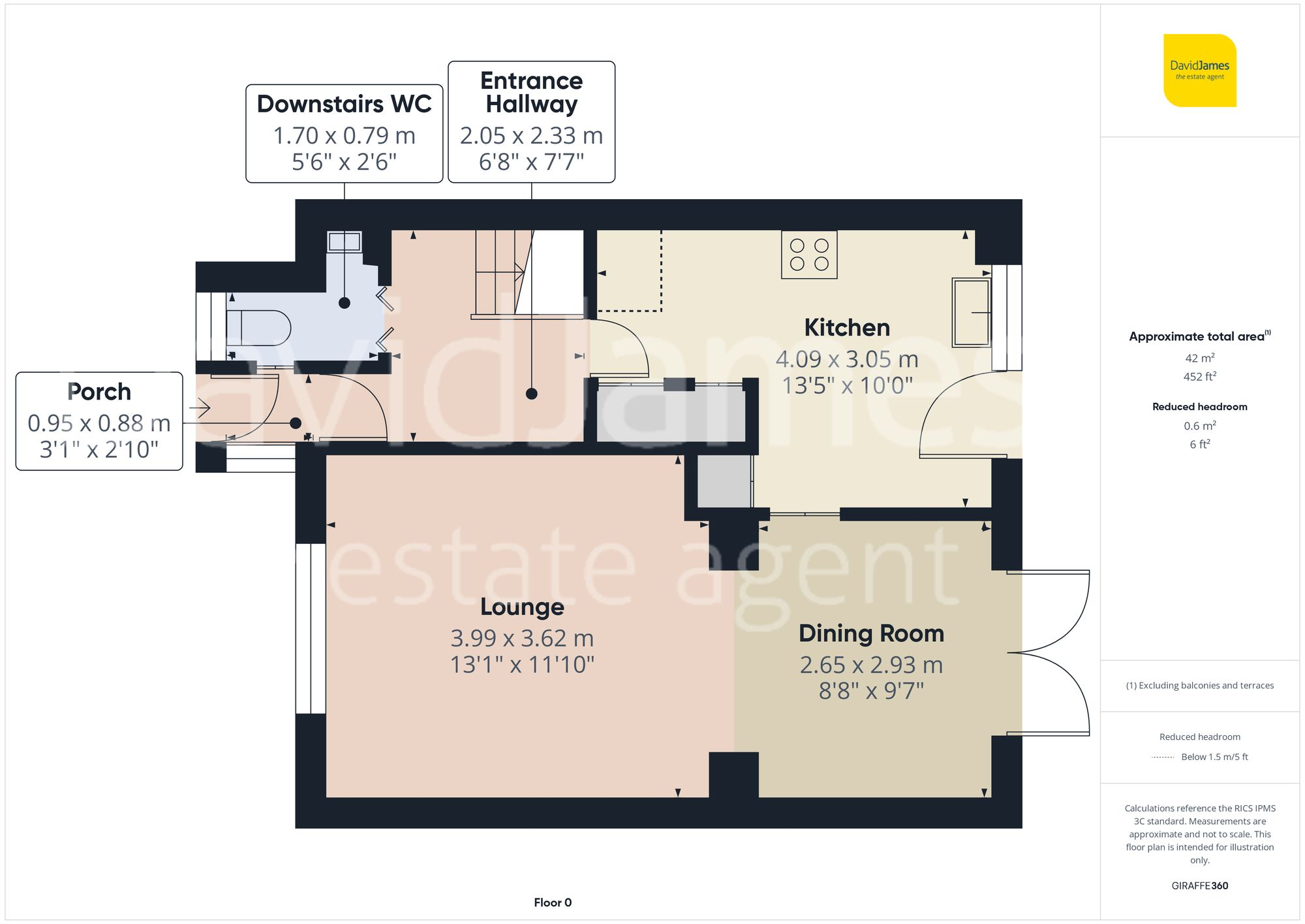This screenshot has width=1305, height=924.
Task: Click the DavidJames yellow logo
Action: pyautogui.click(x=1199, y=71)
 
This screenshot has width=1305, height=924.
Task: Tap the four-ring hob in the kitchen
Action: pyautogui.click(x=809, y=255)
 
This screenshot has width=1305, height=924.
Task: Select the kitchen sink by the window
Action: pyautogui.click(x=971, y=312)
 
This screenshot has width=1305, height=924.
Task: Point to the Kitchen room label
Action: pyautogui.click(x=846, y=327)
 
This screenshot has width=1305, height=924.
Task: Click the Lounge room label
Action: pyautogui.click(x=522, y=607)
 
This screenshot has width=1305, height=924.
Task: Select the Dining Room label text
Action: pyautogui.click(x=871, y=633)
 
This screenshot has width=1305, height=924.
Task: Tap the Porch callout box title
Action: pyautogui.click(x=99, y=392)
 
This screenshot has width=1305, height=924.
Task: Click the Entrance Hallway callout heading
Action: pyautogui.click(x=531, y=92)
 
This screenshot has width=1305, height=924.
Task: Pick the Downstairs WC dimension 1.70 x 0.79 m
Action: pyautogui.click(x=344, y=136)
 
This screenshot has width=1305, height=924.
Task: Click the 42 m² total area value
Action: pyautogui.click(x=1199, y=358)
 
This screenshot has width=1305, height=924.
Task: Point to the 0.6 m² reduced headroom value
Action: pyautogui.click(x=1199, y=426)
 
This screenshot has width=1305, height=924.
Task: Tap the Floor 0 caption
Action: pyautogui.click(x=552, y=902)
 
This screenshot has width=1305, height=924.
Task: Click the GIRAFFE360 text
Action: pyautogui.click(x=1199, y=885)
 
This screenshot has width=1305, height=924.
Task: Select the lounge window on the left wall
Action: pyautogui.click(x=311, y=628)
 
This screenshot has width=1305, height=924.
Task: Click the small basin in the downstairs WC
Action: pyautogui.click(x=345, y=242)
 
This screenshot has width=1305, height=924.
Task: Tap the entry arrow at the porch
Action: pyautogui.click(x=200, y=409)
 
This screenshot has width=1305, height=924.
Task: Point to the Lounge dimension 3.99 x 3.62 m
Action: pyautogui.click(x=522, y=638)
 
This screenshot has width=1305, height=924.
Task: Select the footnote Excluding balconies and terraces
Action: pyautogui.click(x=1199, y=686)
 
